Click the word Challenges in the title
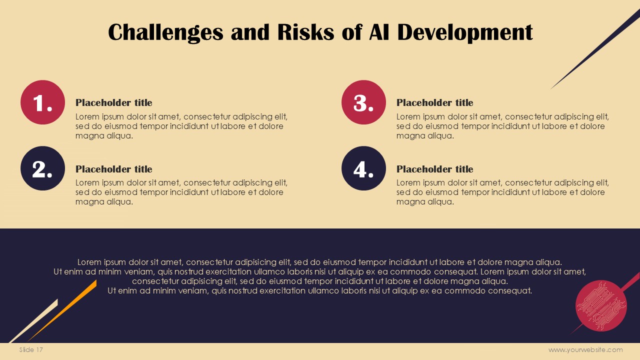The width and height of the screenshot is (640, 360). point(165,32)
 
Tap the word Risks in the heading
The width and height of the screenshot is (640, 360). point(305,31)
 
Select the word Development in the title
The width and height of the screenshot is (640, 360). point(465,32)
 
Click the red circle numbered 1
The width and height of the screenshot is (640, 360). point(43,102)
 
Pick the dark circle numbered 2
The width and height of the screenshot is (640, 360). point(43,168)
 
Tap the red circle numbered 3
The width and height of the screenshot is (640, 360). point(363,102)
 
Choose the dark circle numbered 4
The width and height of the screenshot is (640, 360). point(363,168)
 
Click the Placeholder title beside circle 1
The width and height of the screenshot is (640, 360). point(113,102)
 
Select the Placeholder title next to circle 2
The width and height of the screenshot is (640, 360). point(113,169)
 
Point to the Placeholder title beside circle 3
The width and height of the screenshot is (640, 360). point(434,102)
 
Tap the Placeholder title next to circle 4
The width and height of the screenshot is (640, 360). point(434,169)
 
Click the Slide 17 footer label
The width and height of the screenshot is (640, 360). point(31,349)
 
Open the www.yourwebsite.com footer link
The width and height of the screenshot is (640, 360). point(585,349)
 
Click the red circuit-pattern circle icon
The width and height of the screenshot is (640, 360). point(601,305)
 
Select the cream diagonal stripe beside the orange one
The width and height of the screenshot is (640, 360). point(33,320)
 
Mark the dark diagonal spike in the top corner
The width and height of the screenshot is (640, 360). point(595,49)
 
